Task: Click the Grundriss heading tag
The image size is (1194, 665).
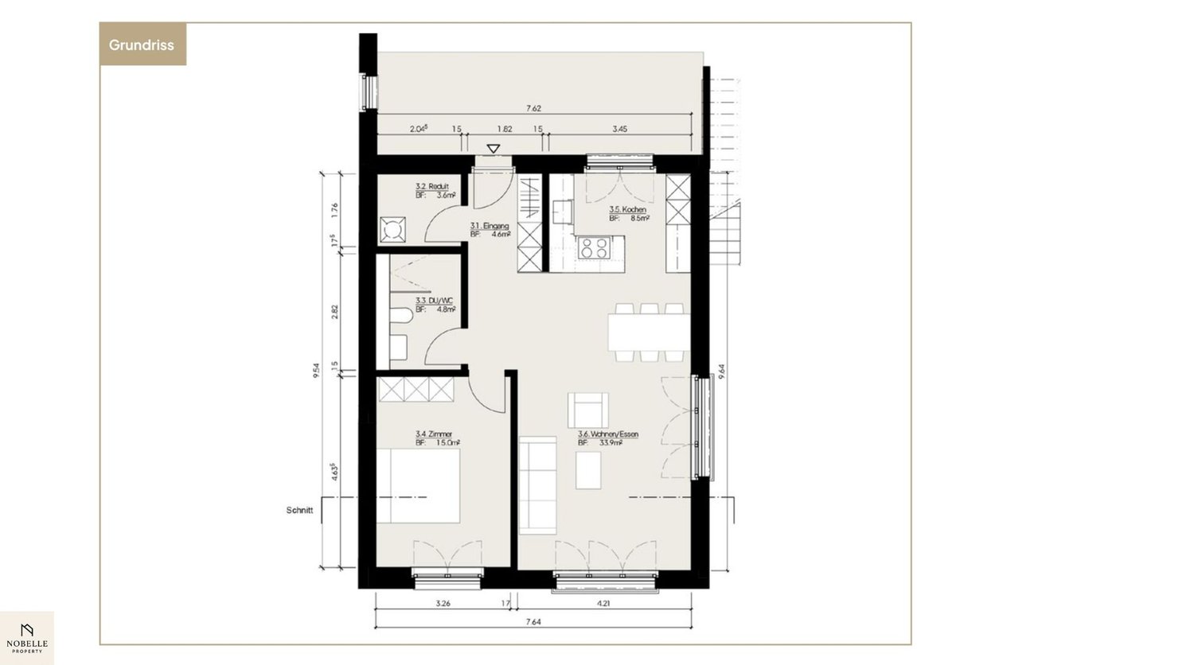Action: pyautogui.click(x=142, y=45)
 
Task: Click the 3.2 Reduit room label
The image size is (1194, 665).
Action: pyautogui.click(x=435, y=190)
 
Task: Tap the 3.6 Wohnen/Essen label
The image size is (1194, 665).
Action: pyautogui.click(x=607, y=438)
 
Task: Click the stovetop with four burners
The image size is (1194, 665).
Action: pyautogui.click(x=594, y=247)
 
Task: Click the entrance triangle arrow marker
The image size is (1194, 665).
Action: pyautogui.click(x=494, y=149)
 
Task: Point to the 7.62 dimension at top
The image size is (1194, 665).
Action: pyautogui.click(x=533, y=108)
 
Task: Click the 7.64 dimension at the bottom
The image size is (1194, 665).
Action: pyautogui.click(x=533, y=622)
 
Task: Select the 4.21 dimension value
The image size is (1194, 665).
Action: pyautogui.click(x=603, y=603)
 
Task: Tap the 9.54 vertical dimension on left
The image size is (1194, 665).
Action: pyautogui.click(x=317, y=371)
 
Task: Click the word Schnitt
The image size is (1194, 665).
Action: pyautogui.click(x=300, y=511)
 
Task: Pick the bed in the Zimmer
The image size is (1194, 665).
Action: pyautogui.click(x=418, y=486)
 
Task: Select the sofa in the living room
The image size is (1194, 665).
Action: pyautogui.click(x=537, y=485)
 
